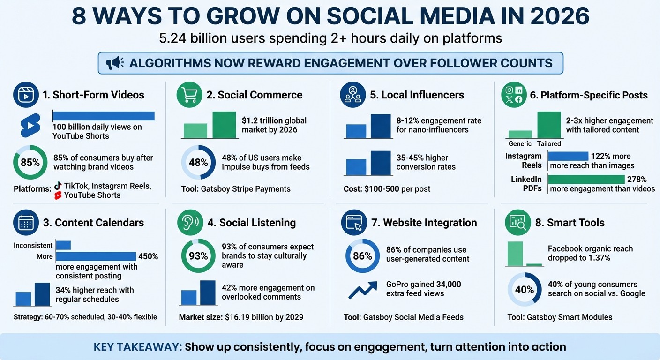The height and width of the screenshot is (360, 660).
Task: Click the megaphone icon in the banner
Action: (115, 63)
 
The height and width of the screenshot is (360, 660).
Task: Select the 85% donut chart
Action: (30, 163)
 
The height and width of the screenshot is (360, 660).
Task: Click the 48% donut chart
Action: (198, 163)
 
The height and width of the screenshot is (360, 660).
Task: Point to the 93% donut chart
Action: (198, 256)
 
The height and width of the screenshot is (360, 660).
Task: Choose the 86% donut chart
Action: (362, 256)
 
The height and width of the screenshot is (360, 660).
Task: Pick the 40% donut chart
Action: (525, 290)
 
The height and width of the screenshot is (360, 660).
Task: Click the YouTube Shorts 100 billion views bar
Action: (104, 116)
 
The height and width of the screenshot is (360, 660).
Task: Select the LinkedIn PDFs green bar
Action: (586, 179)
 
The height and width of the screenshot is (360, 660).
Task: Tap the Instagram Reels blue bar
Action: (568, 156)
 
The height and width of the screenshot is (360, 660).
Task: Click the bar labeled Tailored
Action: (549, 125)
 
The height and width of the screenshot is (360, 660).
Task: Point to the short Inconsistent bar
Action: (63, 245)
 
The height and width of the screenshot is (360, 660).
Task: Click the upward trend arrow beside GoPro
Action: (362, 290)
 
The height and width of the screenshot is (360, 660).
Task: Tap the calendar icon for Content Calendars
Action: (26, 223)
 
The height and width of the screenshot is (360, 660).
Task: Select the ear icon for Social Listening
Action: (190, 223)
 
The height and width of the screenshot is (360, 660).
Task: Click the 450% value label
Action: (148, 256)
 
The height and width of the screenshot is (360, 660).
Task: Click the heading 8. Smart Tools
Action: (570, 223)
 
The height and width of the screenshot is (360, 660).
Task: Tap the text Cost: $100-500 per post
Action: (387, 189)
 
